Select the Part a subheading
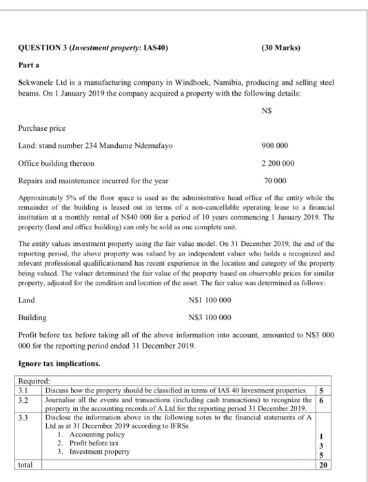[x=28, y=63]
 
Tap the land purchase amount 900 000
[x=277, y=145]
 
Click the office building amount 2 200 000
[x=277, y=163]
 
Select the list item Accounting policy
[x=92, y=435]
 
